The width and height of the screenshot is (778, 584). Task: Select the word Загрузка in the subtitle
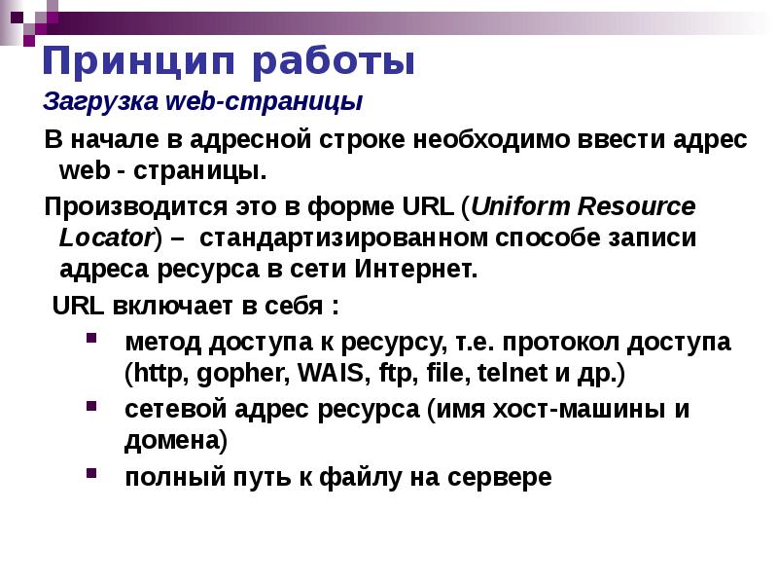[89, 101]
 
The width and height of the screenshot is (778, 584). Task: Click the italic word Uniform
[522, 208]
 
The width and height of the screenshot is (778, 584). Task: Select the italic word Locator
[105, 237]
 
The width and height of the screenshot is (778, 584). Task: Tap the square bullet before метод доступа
[90, 341]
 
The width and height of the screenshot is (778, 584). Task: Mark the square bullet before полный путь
[90, 473]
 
